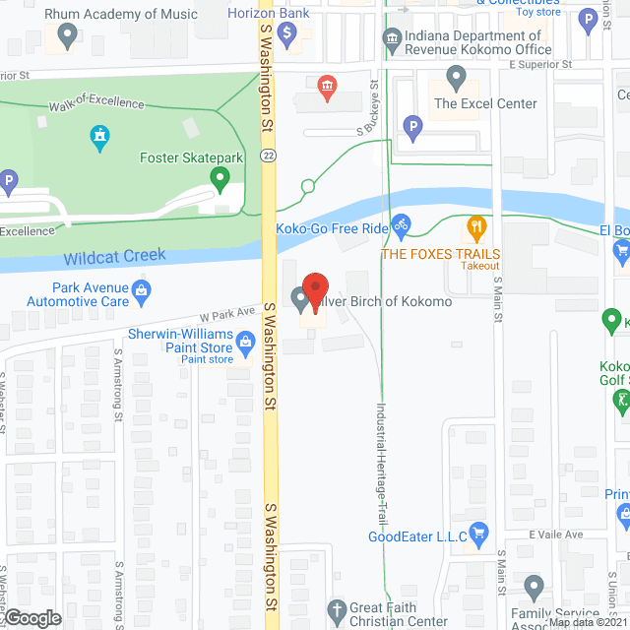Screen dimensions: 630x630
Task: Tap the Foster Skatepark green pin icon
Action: coord(220,178)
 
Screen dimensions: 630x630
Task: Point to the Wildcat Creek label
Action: coord(115,257)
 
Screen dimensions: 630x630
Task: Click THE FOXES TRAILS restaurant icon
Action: coord(477,228)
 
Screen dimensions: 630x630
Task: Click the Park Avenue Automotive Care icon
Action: coord(142,291)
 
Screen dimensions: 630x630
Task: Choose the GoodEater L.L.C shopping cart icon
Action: coord(479,536)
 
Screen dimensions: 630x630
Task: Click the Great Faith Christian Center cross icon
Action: coord(337,611)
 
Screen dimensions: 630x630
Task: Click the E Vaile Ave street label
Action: coord(555,534)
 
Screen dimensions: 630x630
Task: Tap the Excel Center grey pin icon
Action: coord(456,77)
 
